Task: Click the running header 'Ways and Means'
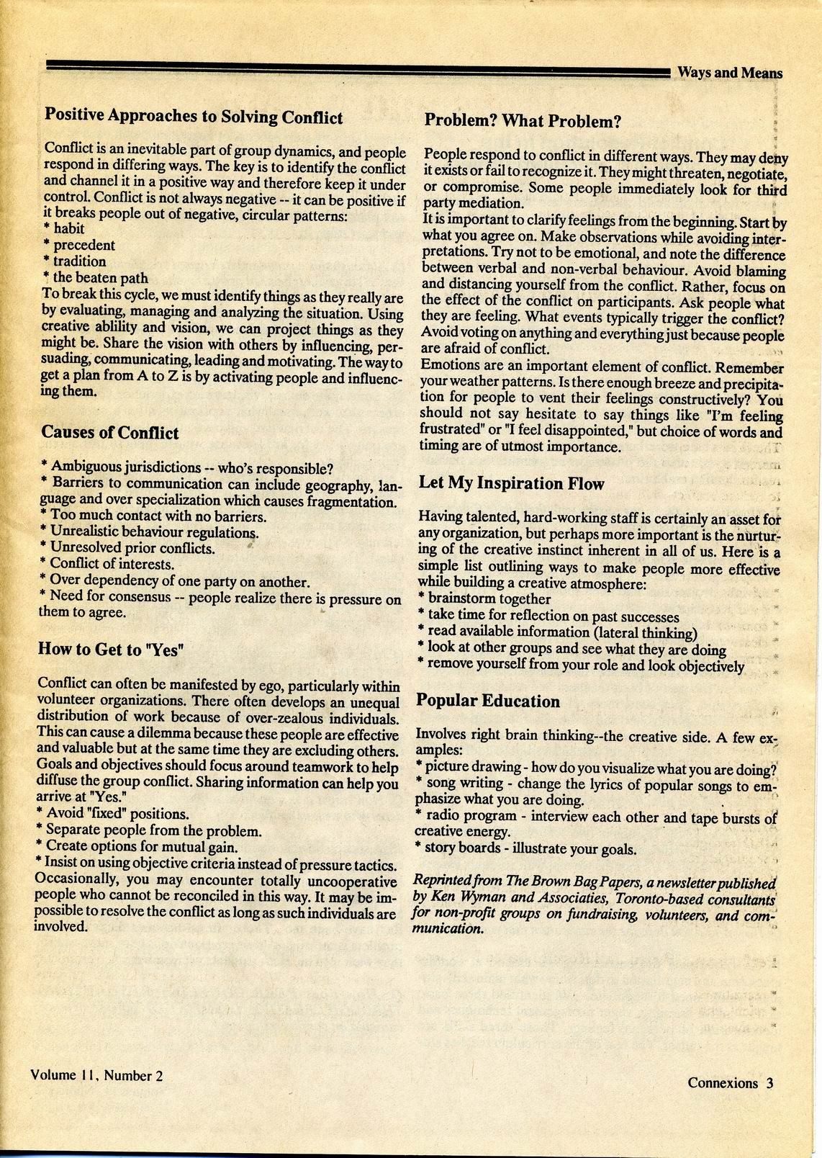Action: (x=729, y=73)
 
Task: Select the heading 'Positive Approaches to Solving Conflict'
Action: (x=194, y=117)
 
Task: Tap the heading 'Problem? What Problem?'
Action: (x=523, y=120)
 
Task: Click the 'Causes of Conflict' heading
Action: (x=110, y=433)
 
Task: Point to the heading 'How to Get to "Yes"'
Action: (x=112, y=650)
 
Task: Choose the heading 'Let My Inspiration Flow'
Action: (x=511, y=483)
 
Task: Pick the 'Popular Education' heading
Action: (x=488, y=701)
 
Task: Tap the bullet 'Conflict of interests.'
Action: (x=112, y=564)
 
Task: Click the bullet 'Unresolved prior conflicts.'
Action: (x=132, y=548)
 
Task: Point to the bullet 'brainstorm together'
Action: (x=489, y=598)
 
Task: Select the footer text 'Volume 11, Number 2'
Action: (x=96, y=1076)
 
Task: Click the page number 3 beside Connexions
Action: (x=769, y=1083)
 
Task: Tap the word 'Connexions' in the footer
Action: (x=723, y=1083)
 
